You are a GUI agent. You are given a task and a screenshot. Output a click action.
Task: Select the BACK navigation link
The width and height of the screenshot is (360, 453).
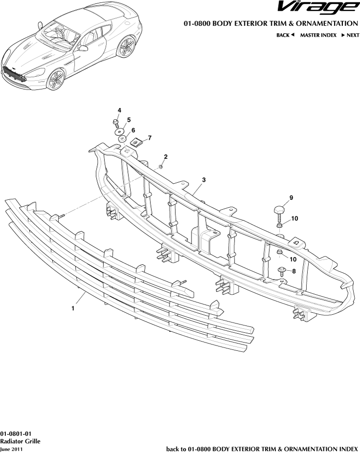[286, 35]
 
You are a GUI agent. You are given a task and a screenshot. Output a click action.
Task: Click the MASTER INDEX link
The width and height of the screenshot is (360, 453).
[318, 35]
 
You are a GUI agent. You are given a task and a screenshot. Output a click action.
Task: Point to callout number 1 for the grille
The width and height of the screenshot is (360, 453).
[73, 308]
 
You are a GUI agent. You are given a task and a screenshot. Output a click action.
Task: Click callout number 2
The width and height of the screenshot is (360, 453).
[166, 157]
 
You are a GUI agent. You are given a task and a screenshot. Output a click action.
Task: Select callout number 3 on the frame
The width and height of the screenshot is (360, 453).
[204, 180]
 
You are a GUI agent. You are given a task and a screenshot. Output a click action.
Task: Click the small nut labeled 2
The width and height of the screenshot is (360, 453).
[160, 168]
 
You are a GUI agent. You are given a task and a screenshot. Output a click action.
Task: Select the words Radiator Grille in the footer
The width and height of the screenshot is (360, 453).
[20, 441]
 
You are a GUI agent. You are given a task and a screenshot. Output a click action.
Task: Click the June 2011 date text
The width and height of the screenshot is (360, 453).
[11, 448]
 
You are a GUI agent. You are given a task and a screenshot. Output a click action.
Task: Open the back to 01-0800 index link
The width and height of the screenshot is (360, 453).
[262, 448]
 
